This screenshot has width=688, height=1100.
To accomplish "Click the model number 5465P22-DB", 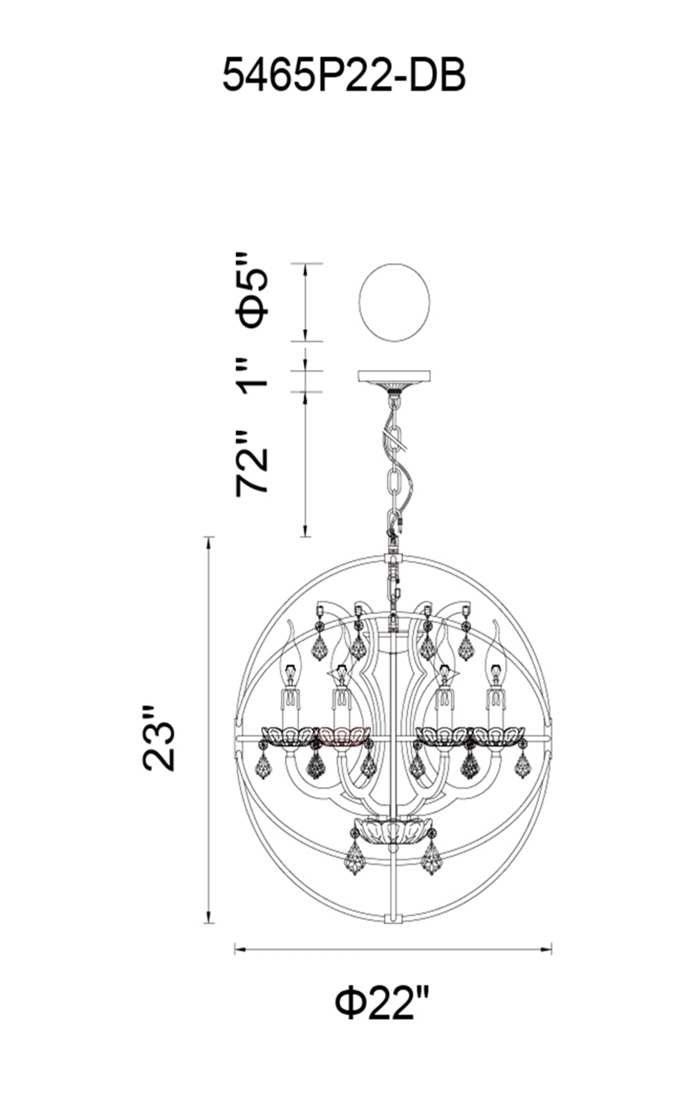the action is coord(344,76).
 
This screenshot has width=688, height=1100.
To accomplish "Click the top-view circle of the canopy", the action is coord(395,302).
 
